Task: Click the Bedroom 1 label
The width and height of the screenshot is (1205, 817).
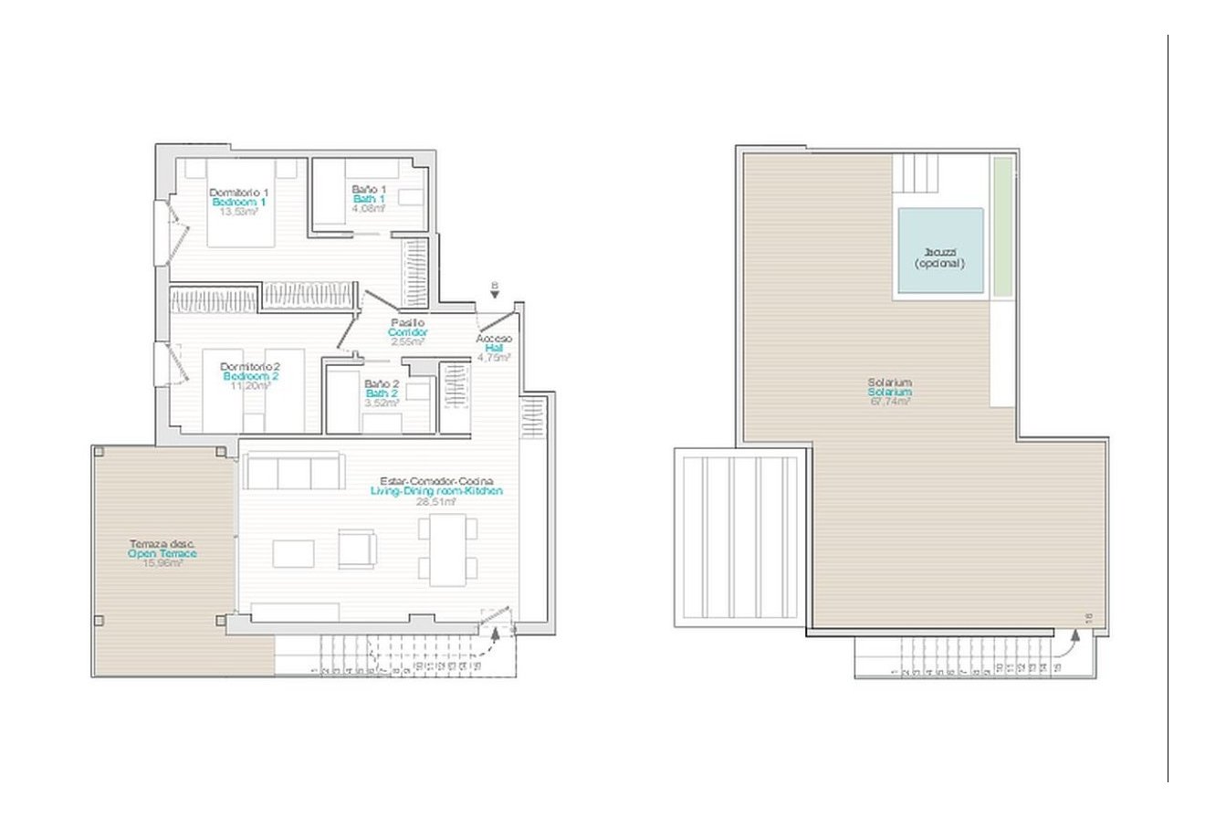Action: [238, 201]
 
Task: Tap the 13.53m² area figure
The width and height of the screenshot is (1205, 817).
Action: [238, 210]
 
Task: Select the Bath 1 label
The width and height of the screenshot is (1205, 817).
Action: [369, 199]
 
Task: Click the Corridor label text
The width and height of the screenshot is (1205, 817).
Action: [407, 332]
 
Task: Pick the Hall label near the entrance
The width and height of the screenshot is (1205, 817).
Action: [493, 348]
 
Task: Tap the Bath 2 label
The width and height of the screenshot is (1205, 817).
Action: [381, 393]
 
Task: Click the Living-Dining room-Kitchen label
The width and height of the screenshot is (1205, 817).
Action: [436, 491]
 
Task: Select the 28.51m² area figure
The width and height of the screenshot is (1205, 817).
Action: [435, 501]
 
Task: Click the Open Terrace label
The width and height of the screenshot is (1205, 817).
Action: [162, 553]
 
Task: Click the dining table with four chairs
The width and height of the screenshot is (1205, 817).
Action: [448, 550]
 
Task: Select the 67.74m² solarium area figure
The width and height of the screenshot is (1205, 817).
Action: [890, 401]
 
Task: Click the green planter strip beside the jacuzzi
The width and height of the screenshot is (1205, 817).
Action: [1002, 226]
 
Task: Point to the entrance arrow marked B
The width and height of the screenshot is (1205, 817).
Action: [494, 291]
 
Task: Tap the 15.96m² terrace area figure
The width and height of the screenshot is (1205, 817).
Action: [162, 563]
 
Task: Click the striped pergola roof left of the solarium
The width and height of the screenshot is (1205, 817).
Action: [739, 536]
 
